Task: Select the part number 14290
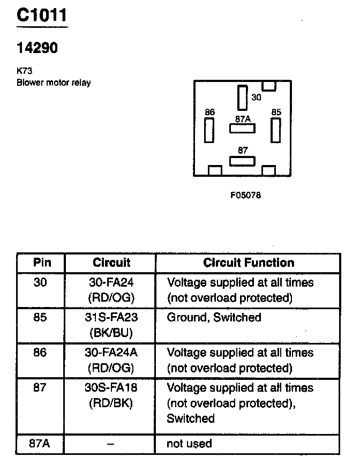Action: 37,48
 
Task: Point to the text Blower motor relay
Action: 54,83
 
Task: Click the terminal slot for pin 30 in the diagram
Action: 242,98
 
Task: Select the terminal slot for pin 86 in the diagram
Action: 209,130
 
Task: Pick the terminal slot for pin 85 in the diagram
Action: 275,130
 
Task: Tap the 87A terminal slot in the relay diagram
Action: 242,129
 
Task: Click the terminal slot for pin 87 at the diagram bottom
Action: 242,161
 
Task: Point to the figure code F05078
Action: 245,195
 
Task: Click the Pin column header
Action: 42,263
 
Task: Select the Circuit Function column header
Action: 249,263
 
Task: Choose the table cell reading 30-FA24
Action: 111,282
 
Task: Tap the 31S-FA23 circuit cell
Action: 111,317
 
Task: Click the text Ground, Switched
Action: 214,317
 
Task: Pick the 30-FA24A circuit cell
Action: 111,353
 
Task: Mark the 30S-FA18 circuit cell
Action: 111,387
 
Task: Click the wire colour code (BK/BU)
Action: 111,332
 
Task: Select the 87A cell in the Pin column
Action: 41,443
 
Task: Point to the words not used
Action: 190,443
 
